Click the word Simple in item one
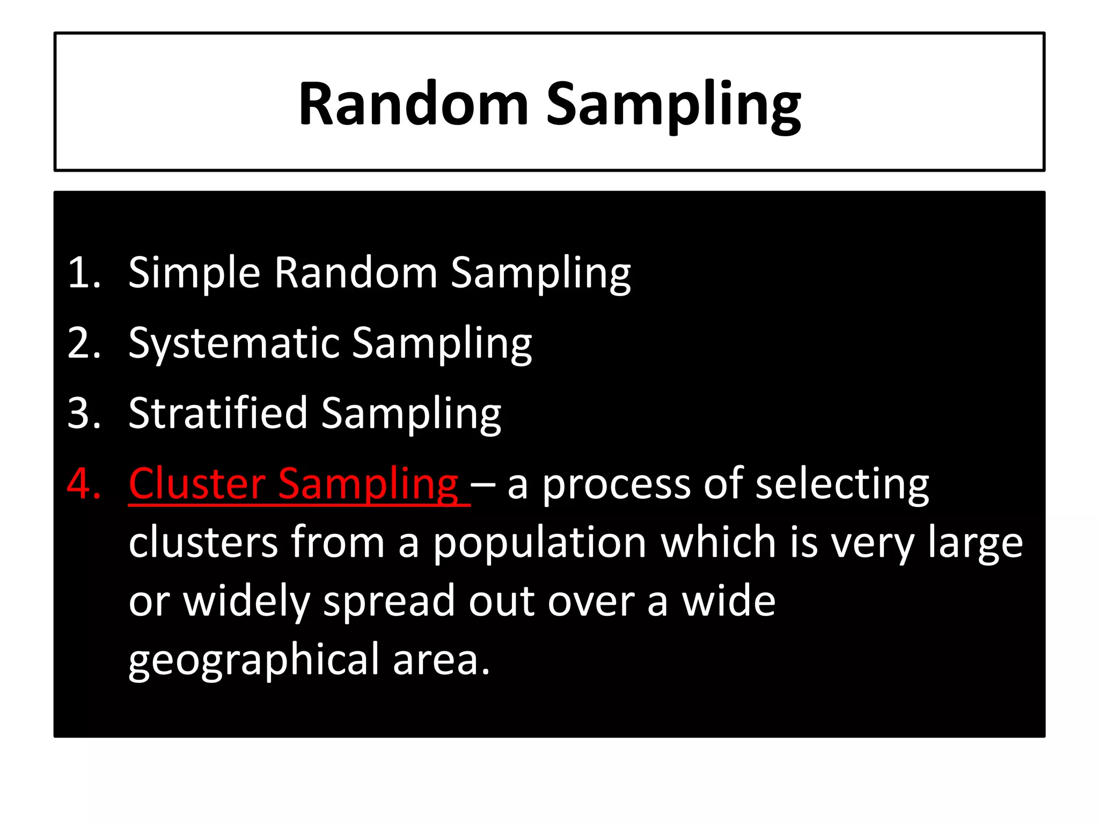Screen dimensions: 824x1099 (194, 274)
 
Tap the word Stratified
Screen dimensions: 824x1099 (218, 414)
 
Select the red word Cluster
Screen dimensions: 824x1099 (197, 484)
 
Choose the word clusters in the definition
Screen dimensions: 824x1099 (203, 542)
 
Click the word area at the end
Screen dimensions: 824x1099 (441, 660)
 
